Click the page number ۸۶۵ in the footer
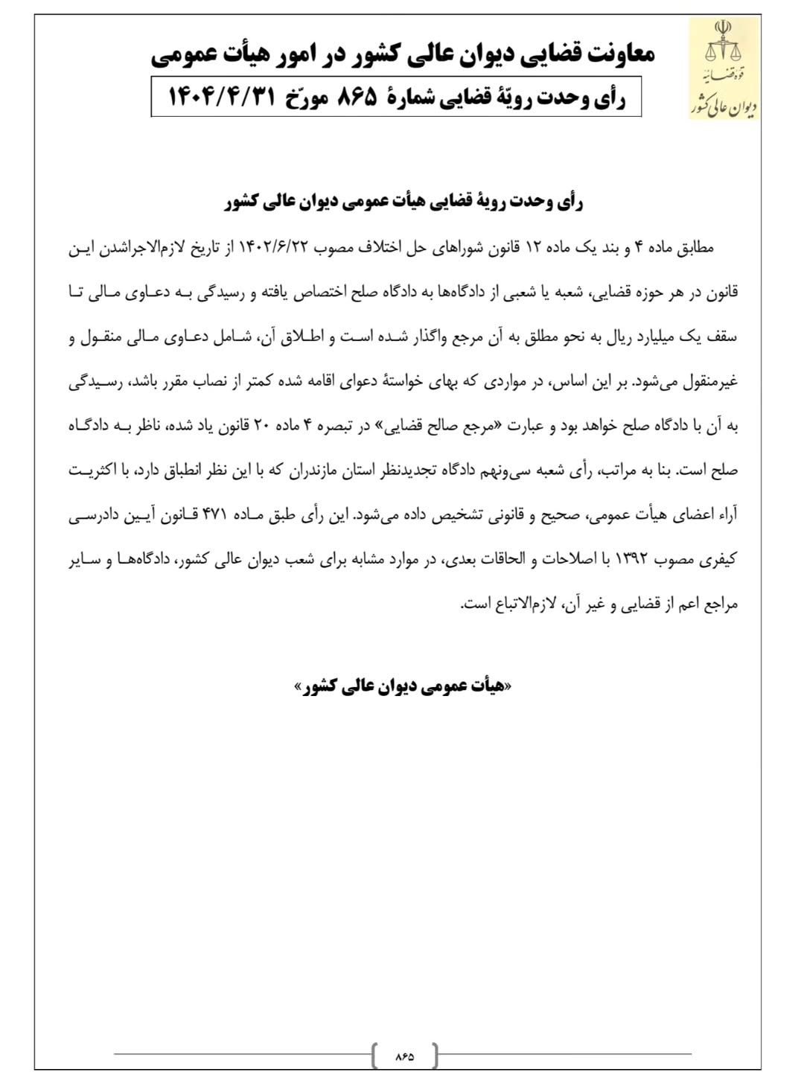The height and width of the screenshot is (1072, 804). [404, 1056]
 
